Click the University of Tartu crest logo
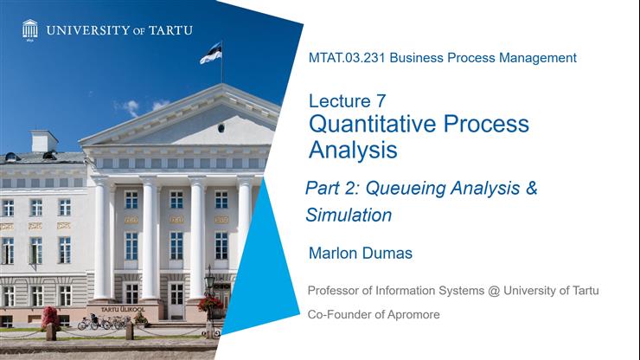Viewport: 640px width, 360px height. (29, 29)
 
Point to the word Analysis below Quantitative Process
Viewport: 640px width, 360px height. (353, 150)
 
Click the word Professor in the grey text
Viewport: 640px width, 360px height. (338, 291)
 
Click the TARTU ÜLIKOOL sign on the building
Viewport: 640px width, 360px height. (123, 309)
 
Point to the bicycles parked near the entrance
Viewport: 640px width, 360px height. (99, 323)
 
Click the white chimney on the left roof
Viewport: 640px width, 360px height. (43, 141)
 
